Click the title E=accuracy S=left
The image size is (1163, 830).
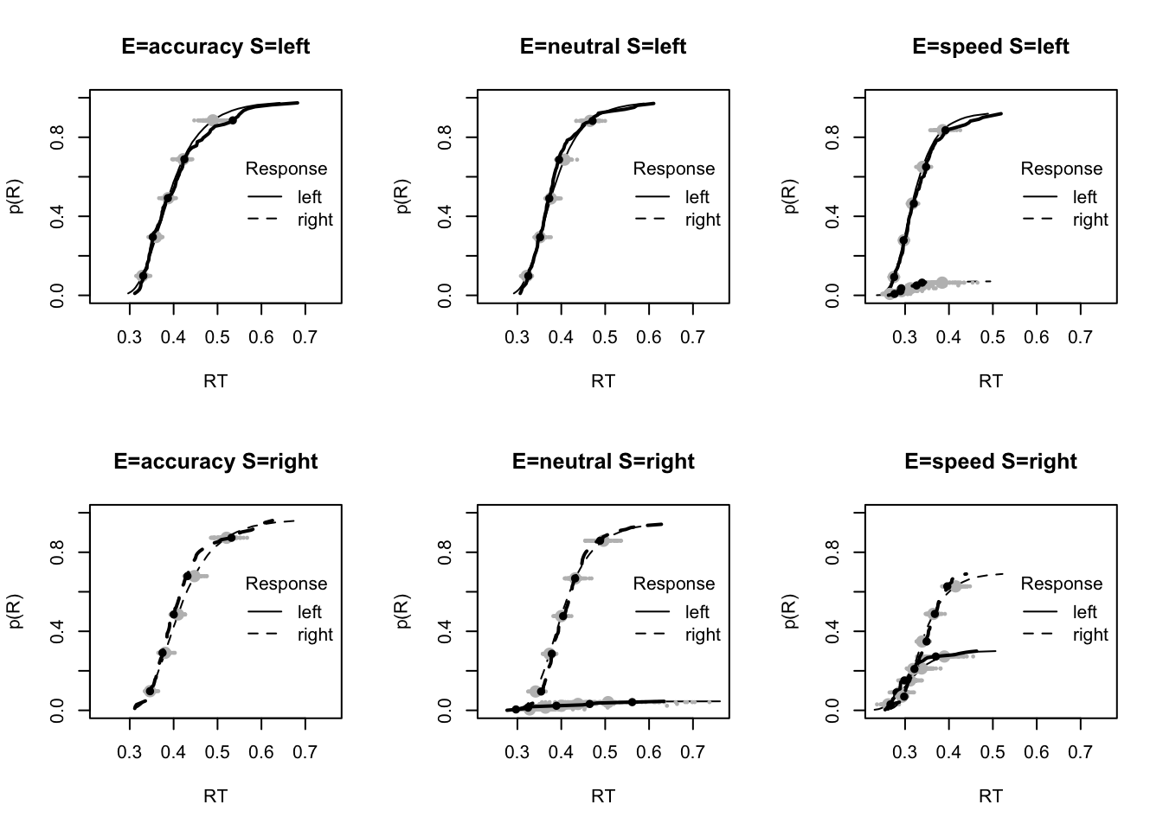(215, 47)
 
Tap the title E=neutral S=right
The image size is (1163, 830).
(603, 462)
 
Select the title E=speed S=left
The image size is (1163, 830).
(991, 47)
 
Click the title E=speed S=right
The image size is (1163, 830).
(991, 462)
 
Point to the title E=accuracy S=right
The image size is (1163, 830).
(215, 462)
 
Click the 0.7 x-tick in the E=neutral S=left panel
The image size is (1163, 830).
(692, 336)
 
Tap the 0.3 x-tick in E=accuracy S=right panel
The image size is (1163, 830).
(130, 751)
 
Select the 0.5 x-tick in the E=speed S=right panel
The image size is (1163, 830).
(993, 751)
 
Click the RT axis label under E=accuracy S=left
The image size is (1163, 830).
(215, 380)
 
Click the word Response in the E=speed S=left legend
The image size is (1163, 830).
(1061, 169)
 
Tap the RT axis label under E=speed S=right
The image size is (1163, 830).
(991, 795)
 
